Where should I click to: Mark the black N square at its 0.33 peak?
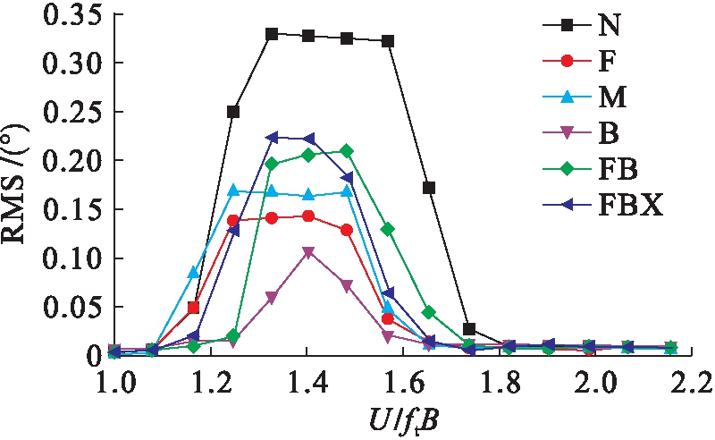coord(272,34)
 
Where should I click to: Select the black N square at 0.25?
coord(233,112)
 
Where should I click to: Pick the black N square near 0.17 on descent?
coord(429,188)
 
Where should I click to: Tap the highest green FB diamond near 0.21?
coord(347,151)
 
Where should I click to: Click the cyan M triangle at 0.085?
coord(193,272)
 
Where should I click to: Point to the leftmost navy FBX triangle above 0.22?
coord(272,138)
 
